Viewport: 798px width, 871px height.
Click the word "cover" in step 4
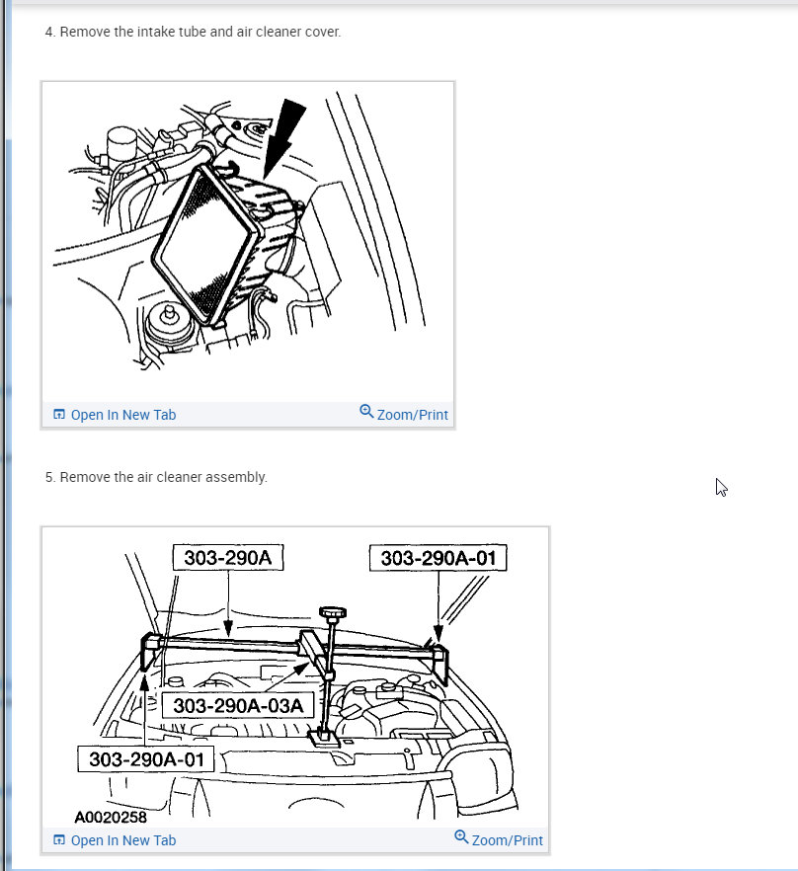[320, 32]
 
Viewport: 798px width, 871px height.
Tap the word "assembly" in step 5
[236, 477]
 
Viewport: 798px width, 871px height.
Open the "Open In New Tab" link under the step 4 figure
[122, 415]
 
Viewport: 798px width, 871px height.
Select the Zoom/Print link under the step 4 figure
[412, 415]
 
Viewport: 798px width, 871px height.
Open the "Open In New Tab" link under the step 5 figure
[122, 840]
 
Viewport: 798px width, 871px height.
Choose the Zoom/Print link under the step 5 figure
[507, 840]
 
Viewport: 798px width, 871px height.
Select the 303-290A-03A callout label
[237, 706]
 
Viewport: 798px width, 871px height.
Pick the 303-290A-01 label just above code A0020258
[146, 759]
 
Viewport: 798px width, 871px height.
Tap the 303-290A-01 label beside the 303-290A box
[438, 558]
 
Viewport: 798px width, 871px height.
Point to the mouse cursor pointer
[721, 487]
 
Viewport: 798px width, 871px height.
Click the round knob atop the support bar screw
[333, 613]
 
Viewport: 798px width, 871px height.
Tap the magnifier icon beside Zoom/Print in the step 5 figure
[461, 837]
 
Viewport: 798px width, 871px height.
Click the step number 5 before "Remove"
[48, 477]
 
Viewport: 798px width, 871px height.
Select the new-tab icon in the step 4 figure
[59, 415]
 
